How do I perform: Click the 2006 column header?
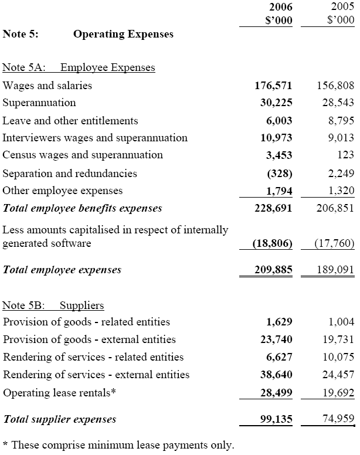[x=280, y=7]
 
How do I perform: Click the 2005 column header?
[x=341, y=7]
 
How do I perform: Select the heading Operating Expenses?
[x=123, y=34]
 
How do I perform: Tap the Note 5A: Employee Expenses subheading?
[x=79, y=67]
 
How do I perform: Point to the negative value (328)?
[x=280, y=174]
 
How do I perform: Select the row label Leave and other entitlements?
[x=70, y=121]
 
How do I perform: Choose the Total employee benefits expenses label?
[x=83, y=208]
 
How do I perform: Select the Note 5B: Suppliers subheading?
[x=53, y=305]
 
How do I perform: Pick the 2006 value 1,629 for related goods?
[x=279, y=322]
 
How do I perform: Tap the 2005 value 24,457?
[x=338, y=374]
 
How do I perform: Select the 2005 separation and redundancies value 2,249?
[x=340, y=174]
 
